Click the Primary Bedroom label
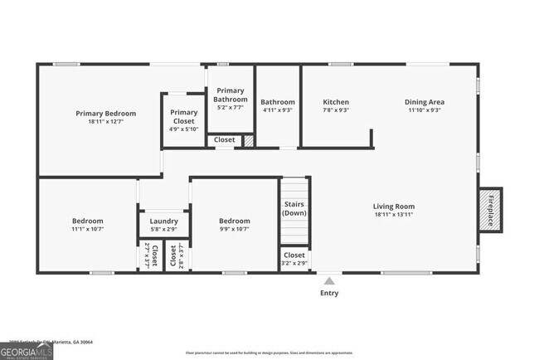click(x=105, y=114)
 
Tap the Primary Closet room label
click(x=183, y=117)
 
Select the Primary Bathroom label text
click(x=231, y=95)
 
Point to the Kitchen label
click(x=335, y=103)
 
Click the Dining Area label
click(x=424, y=103)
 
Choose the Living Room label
click(x=393, y=207)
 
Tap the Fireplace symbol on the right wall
click(x=489, y=210)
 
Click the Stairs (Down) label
click(x=294, y=208)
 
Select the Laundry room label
click(x=163, y=221)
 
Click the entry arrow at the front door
click(x=329, y=280)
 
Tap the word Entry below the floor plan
click(x=329, y=293)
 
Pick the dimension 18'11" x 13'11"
click(x=393, y=215)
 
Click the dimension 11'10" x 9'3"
click(x=424, y=110)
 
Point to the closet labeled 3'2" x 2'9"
click(x=294, y=259)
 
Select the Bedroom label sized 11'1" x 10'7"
click(x=87, y=221)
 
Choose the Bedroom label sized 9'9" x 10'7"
click(x=234, y=221)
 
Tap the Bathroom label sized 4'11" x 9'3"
click(x=278, y=103)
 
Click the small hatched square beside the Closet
click(x=248, y=141)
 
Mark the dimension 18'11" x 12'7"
click(x=105, y=122)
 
